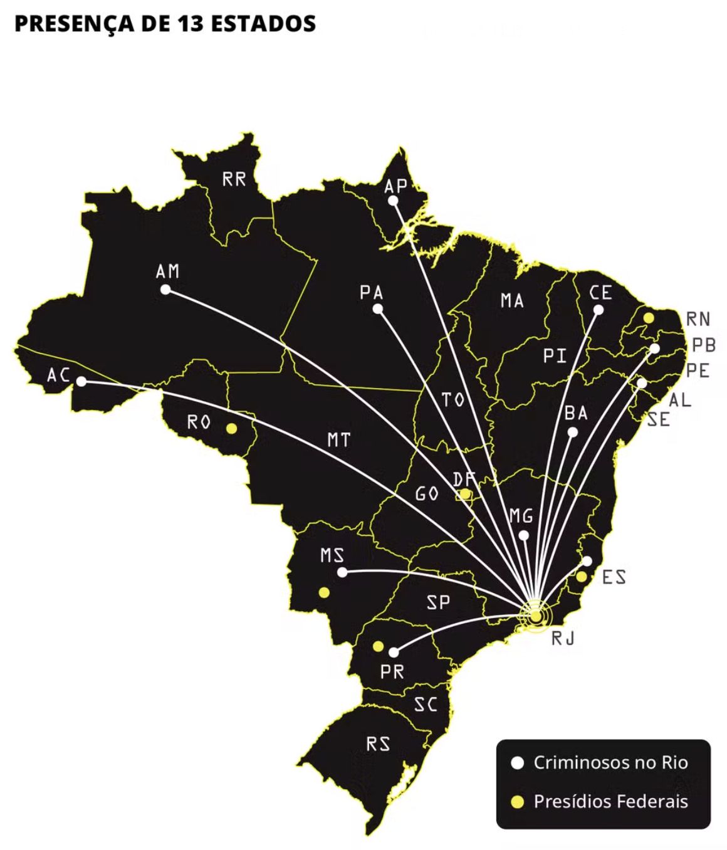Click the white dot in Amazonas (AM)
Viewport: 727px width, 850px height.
point(165,290)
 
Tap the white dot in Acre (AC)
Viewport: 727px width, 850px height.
point(81,381)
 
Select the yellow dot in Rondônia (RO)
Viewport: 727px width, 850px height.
point(231,429)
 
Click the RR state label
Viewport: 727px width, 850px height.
point(234,179)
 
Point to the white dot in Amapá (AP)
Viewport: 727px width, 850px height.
point(393,201)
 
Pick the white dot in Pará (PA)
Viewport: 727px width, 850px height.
point(378,308)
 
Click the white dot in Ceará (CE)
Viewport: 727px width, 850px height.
point(599,310)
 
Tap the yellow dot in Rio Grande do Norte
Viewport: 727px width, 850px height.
point(649,318)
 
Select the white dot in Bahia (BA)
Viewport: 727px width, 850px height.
point(572,432)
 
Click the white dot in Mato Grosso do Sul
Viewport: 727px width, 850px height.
point(342,572)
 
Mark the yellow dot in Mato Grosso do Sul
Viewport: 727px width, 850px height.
point(324,592)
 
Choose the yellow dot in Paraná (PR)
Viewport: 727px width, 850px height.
point(378,646)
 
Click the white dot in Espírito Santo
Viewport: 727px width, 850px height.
point(587,561)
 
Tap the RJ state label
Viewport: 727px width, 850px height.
point(563,639)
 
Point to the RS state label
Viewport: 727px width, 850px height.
point(379,744)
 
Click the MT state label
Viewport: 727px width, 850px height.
point(339,440)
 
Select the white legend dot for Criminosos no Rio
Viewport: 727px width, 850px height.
point(517,763)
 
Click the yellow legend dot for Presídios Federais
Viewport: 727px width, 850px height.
point(517,802)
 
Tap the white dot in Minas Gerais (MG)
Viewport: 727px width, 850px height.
point(524,535)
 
